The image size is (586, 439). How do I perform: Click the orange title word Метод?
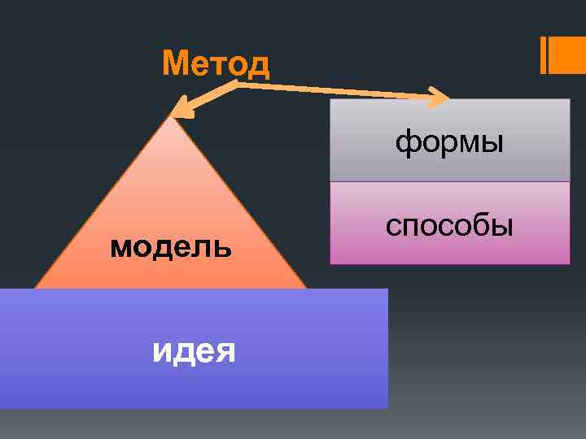[216, 63]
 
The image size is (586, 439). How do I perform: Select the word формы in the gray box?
[449, 144]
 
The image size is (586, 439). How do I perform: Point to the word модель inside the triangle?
[171, 246]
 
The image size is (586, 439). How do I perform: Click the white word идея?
[195, 351]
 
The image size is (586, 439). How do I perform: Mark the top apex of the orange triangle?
[171, 117]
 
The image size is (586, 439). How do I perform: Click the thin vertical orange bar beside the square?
[543, 54]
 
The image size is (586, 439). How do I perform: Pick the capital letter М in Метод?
[174, 63]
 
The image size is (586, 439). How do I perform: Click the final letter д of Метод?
[258, 65]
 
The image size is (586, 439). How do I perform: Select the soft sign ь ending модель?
[225, 246]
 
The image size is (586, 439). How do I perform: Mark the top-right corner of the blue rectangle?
[387, 289]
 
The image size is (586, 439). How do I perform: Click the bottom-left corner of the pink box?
[330, 263]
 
